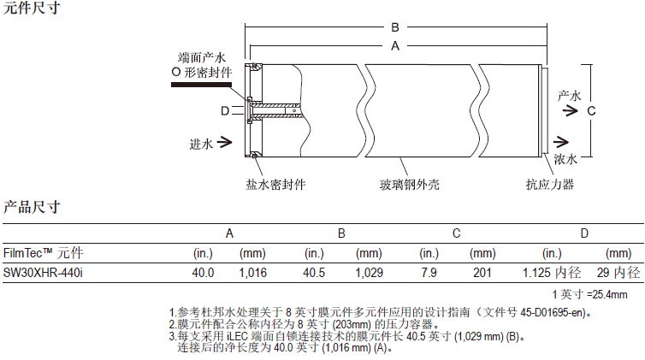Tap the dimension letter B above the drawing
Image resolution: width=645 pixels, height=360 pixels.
pos(395,27)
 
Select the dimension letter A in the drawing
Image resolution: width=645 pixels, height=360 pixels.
pos(395,49)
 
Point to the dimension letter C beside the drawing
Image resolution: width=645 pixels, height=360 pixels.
pos(589,110)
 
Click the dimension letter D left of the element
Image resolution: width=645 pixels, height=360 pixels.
pos(224,110)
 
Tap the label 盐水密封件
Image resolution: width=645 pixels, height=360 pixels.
pos(276,184)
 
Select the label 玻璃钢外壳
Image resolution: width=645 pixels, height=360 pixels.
pos(410,184)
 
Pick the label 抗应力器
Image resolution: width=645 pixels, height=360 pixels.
pos(549,184)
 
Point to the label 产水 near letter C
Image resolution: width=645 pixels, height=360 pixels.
pos(570,95)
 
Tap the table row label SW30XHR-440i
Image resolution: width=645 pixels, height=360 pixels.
pos(38,273)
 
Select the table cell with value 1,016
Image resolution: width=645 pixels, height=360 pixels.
pos(254,273)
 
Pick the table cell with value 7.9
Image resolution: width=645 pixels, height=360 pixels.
pos(429,273)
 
